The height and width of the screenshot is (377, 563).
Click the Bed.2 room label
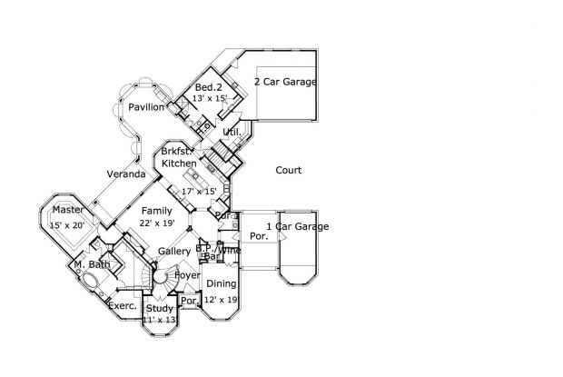[x=209, y=87]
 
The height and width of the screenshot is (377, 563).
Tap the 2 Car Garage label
[x=285, y=82]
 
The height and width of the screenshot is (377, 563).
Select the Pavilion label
[x=145, y=107]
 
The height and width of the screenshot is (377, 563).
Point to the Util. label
[x=232, y=132]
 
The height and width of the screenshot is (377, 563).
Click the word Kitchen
[x=179, y=163]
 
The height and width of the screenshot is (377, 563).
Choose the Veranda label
[x=126, y=174]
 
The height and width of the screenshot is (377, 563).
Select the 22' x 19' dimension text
[x=157, y=223]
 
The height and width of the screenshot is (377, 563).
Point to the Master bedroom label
[x=54, y=211]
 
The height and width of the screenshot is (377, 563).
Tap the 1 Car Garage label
[x=297, y=226]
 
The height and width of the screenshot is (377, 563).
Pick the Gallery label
[x=173, y=251]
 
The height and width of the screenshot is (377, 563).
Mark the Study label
[x=160, y=309]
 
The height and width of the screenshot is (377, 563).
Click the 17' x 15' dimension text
[x=199, y=191]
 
